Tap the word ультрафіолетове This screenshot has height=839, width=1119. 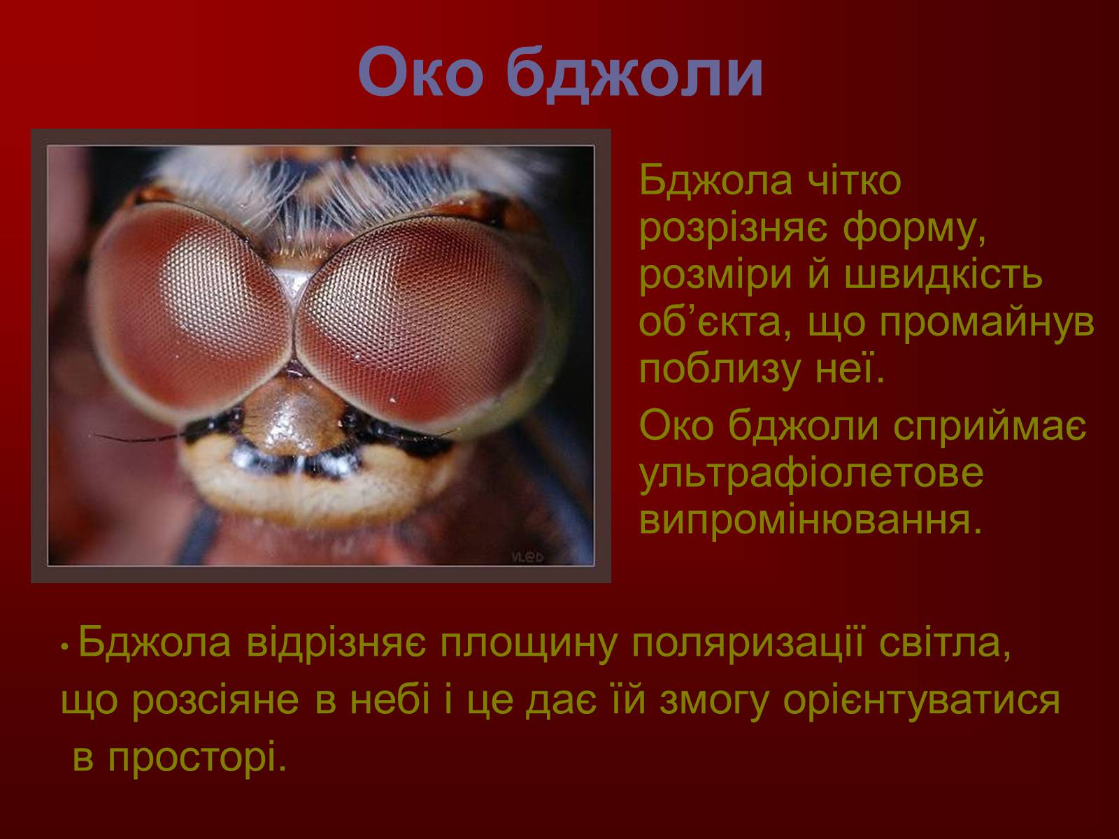(811, 474)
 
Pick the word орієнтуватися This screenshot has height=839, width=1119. (920, 701)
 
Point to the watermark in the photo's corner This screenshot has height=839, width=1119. (527, 557)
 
